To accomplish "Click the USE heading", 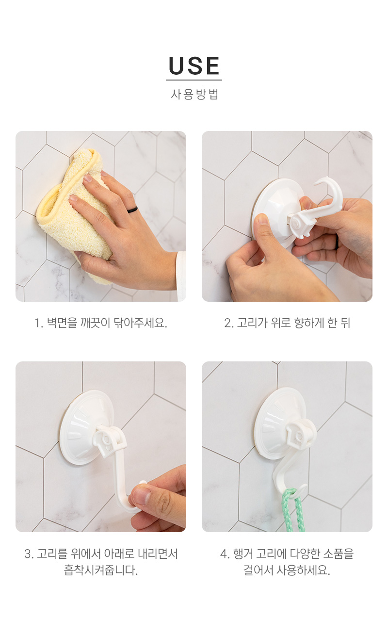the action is (194, 66).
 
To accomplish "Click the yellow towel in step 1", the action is (74, 215).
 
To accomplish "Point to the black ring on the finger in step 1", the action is (132, 210).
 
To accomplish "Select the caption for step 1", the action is (101, 323).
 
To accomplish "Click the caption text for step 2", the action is (287, 323).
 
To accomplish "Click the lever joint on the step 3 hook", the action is (108, 441).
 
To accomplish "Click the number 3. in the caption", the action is (29, 554).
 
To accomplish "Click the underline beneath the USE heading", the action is (194, 80).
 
